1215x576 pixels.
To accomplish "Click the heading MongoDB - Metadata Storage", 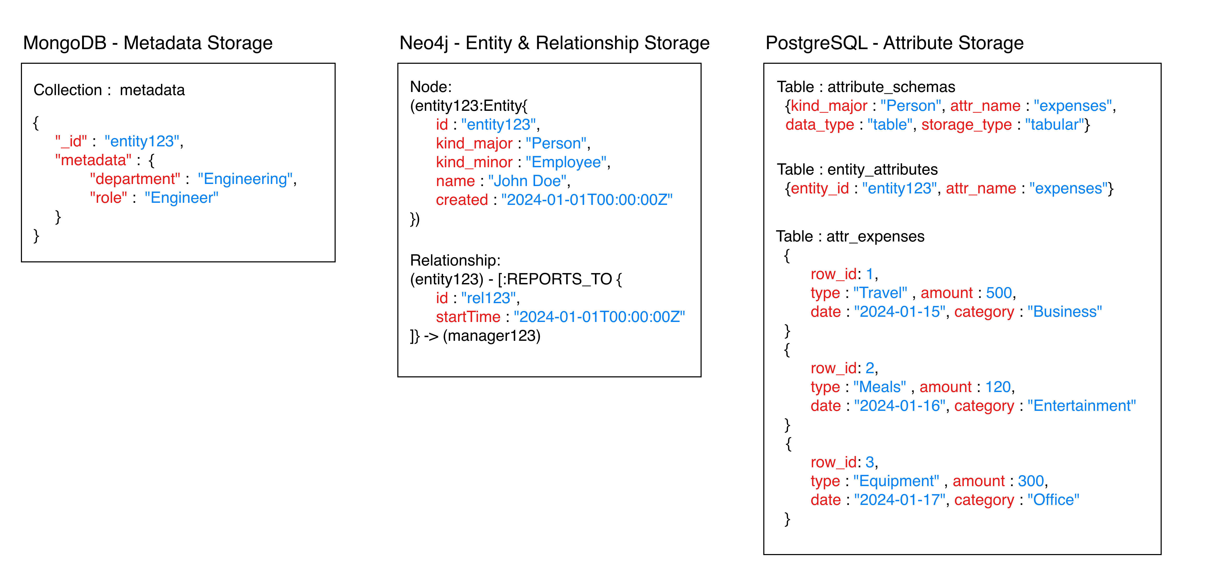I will coord(148,43).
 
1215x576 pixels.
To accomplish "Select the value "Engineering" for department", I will coord(245,179).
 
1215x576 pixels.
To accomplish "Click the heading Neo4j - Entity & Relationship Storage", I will coord(554,43).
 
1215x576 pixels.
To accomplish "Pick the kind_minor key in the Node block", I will coord(474,162).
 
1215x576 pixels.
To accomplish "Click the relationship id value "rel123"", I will coord(488,298).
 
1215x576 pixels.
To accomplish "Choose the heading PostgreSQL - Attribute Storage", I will coord(894,43).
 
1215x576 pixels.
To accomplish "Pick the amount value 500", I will coord(999,293).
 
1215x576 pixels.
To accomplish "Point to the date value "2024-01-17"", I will coord(899,500).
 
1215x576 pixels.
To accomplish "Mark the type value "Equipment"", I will coord(896,481).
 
